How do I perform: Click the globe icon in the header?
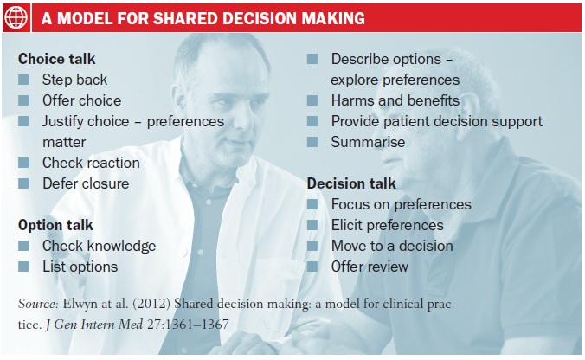(16, 17)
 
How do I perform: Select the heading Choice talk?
(57, 59)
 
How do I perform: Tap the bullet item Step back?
(74, 80)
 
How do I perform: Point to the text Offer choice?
(81, 100)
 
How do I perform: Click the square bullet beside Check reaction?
(23, 163)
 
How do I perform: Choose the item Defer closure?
(86, 183)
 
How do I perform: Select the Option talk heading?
(55, 225)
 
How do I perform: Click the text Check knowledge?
(100, 247)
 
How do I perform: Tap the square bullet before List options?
(23, 267)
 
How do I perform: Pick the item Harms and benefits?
(395, 100)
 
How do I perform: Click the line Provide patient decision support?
(437, 122)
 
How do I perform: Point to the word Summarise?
(368, 142)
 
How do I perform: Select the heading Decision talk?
(351, 183)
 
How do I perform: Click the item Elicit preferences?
(388, 225)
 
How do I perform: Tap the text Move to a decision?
(392, 246)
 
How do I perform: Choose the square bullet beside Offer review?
(312, 267)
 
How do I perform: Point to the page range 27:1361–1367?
(188, 325)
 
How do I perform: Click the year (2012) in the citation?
(151, 304)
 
